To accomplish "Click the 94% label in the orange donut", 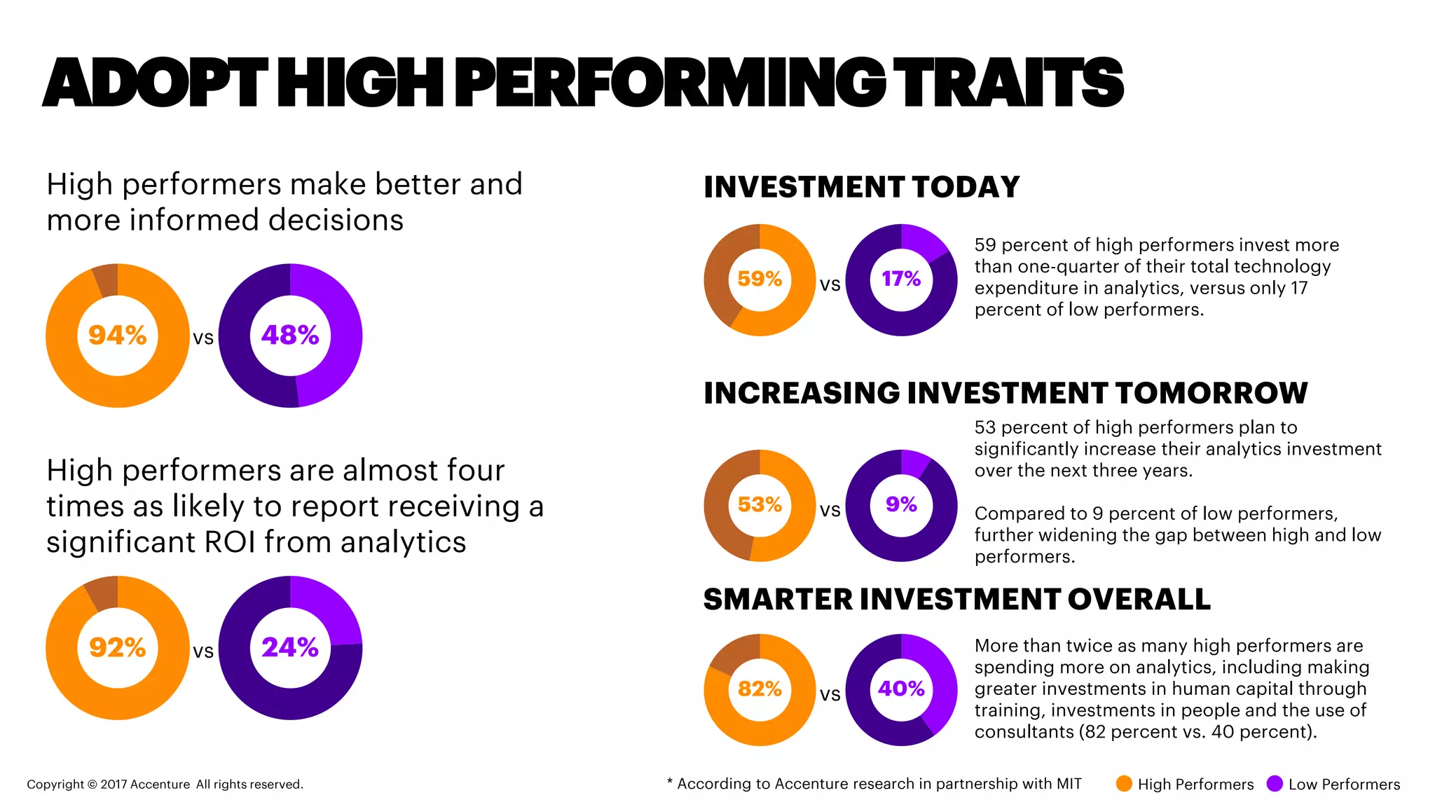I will (117, 336).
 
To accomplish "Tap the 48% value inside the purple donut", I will (290, 336).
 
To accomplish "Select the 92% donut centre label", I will (117, 647).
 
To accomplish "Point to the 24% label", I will (290, 647).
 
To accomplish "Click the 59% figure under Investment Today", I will (760, 279).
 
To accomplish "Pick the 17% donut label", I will (901, 279).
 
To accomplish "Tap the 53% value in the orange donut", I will (760, 504).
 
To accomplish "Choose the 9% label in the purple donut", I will (901, 504).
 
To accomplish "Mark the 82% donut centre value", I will (760, 689).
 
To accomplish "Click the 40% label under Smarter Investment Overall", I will (901, 689).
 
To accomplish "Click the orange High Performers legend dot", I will (1124, 784).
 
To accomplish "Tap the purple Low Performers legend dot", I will (1275, 784).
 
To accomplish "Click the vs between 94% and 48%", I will (203, 338).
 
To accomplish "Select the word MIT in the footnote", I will (1069, 784).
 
